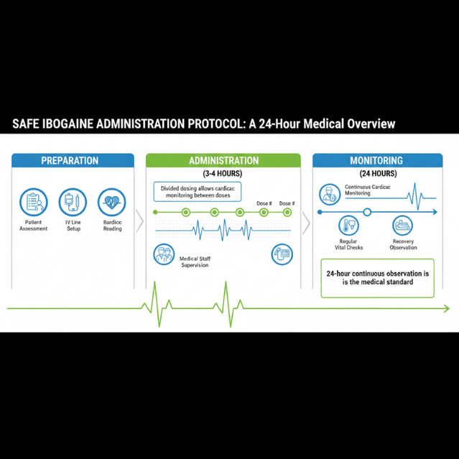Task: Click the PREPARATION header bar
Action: (70, 161)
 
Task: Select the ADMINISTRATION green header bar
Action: (223, 161)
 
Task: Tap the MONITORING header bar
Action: (376, 161)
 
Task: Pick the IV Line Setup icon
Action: (72, 202)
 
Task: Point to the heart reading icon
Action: (111, 202)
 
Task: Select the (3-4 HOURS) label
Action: (223, 174)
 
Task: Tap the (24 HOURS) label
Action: (376, 174)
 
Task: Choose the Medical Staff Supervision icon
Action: (164, 254)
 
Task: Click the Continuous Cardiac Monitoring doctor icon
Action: (330, 193)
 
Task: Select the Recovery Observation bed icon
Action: (403, 227)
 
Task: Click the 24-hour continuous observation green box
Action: (378, 278)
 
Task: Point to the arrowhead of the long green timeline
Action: (447, 309)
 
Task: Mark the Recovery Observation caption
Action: (403, 245)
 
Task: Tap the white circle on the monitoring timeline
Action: (367, 212)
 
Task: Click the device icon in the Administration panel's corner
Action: (281, 255)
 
